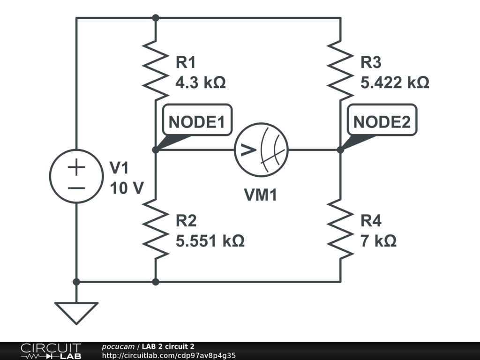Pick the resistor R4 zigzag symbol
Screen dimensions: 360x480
pyautogui.click(x=340, y=229)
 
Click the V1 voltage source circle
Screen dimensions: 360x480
pyautogui.click(x=76, y=176)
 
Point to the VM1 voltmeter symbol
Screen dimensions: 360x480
pyautogui.click(x=261, y=150)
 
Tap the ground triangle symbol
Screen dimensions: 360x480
pyautogui.click(x=76, y=312)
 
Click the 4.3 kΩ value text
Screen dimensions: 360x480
pyautogui.click(x=200, y=83)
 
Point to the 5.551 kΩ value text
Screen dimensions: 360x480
pyautogui.click(x=210, y=241)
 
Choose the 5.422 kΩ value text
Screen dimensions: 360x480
pyautogui.click(x=394, y=83)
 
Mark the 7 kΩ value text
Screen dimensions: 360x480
pyautogui.click(x=378, y=241)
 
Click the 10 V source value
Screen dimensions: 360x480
pyautogui.click(x=126, y=188)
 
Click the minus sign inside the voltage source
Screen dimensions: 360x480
pyautogui.click(x=76, y=187)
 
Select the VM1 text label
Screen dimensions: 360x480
pyautogui.click(x=261, y=195)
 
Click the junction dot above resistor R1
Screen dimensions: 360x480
pyautogui.click(x=156, y=18)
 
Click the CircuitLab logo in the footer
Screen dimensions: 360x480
pyautogui.click(x=51, y=351)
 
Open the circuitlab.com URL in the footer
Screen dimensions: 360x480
pyautogui.click(x=168, y=355)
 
